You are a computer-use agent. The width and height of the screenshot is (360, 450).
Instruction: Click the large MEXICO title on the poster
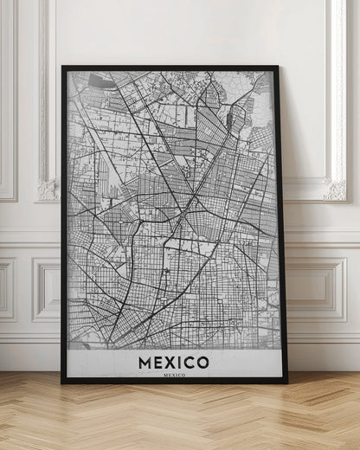[173, 360]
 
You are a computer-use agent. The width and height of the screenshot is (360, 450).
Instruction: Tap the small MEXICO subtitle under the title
[173, 375]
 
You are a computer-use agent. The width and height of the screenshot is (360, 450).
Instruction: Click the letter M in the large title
[144, 360]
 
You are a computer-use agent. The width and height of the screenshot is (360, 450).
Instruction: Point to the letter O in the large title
[202, 360]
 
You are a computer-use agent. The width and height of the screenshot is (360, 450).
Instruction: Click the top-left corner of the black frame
[63, 67]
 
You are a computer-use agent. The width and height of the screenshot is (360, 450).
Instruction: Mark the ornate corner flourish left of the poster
[48, 189]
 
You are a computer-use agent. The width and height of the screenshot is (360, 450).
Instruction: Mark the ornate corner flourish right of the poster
[334, 189]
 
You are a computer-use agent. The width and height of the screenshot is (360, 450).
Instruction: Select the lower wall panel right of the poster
[322, 290]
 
